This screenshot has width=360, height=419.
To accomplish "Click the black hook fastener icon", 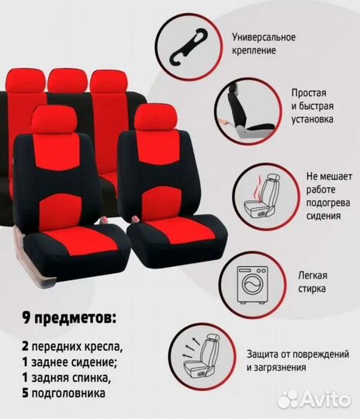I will tap(189, 47).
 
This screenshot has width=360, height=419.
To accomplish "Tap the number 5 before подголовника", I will tap(25, 393).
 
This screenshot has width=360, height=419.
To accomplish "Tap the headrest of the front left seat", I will tap(53, 119).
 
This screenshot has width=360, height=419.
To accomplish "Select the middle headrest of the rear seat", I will tap(67, 80).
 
